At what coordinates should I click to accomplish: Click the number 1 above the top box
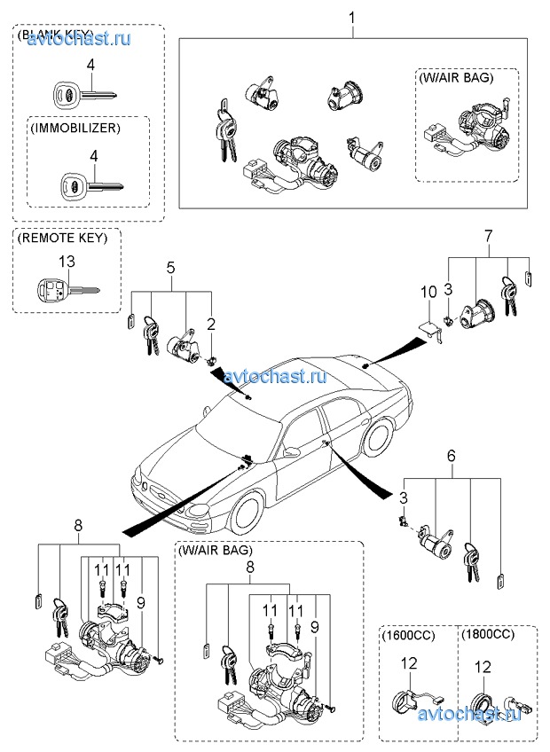352,18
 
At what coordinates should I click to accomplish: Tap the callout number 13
67,261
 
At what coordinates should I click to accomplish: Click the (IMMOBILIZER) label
75,129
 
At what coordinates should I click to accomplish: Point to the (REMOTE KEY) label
62,238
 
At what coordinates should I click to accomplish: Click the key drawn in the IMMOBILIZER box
90,186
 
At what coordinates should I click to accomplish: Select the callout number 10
428,291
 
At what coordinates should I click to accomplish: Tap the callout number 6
451,455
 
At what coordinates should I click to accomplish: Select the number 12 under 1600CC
408,665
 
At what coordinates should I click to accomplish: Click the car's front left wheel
249,512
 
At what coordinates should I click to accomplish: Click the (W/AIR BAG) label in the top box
454,77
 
